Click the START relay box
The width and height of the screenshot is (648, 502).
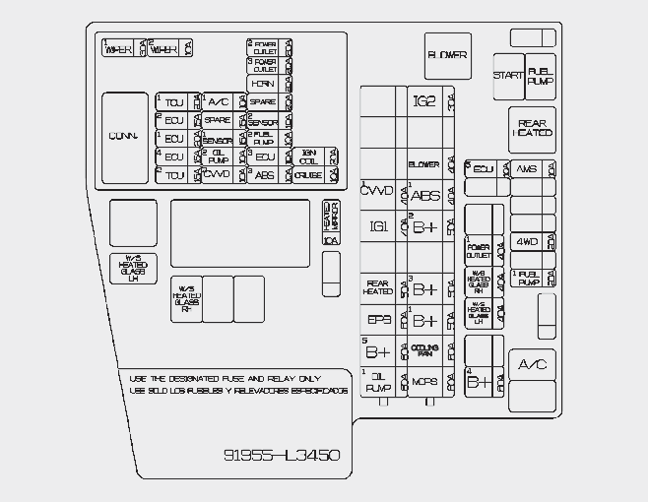[508, 76]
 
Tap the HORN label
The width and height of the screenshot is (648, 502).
[263, 84]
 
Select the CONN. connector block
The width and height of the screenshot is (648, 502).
[124, 135]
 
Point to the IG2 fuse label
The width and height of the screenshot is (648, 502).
[423, 101]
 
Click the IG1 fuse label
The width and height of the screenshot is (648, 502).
[378, 226]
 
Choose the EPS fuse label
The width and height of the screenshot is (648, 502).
[378, 320]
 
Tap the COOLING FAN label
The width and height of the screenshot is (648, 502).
[424, 350]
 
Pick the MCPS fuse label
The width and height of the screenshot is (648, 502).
[424, 382]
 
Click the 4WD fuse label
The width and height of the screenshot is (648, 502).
[528, 242]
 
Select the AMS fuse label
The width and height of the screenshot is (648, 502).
[527, 168]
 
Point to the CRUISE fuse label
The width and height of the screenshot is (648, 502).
[308, 175]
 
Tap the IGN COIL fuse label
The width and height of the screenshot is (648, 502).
[308, 157]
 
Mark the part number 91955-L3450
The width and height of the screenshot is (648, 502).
[282, 455]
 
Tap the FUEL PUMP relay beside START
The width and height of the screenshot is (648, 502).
[540, 76]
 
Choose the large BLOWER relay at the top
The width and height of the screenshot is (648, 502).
[447, 55]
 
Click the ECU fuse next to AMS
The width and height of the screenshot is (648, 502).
[482, 168]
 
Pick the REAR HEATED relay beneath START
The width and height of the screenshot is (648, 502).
[533, 128]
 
